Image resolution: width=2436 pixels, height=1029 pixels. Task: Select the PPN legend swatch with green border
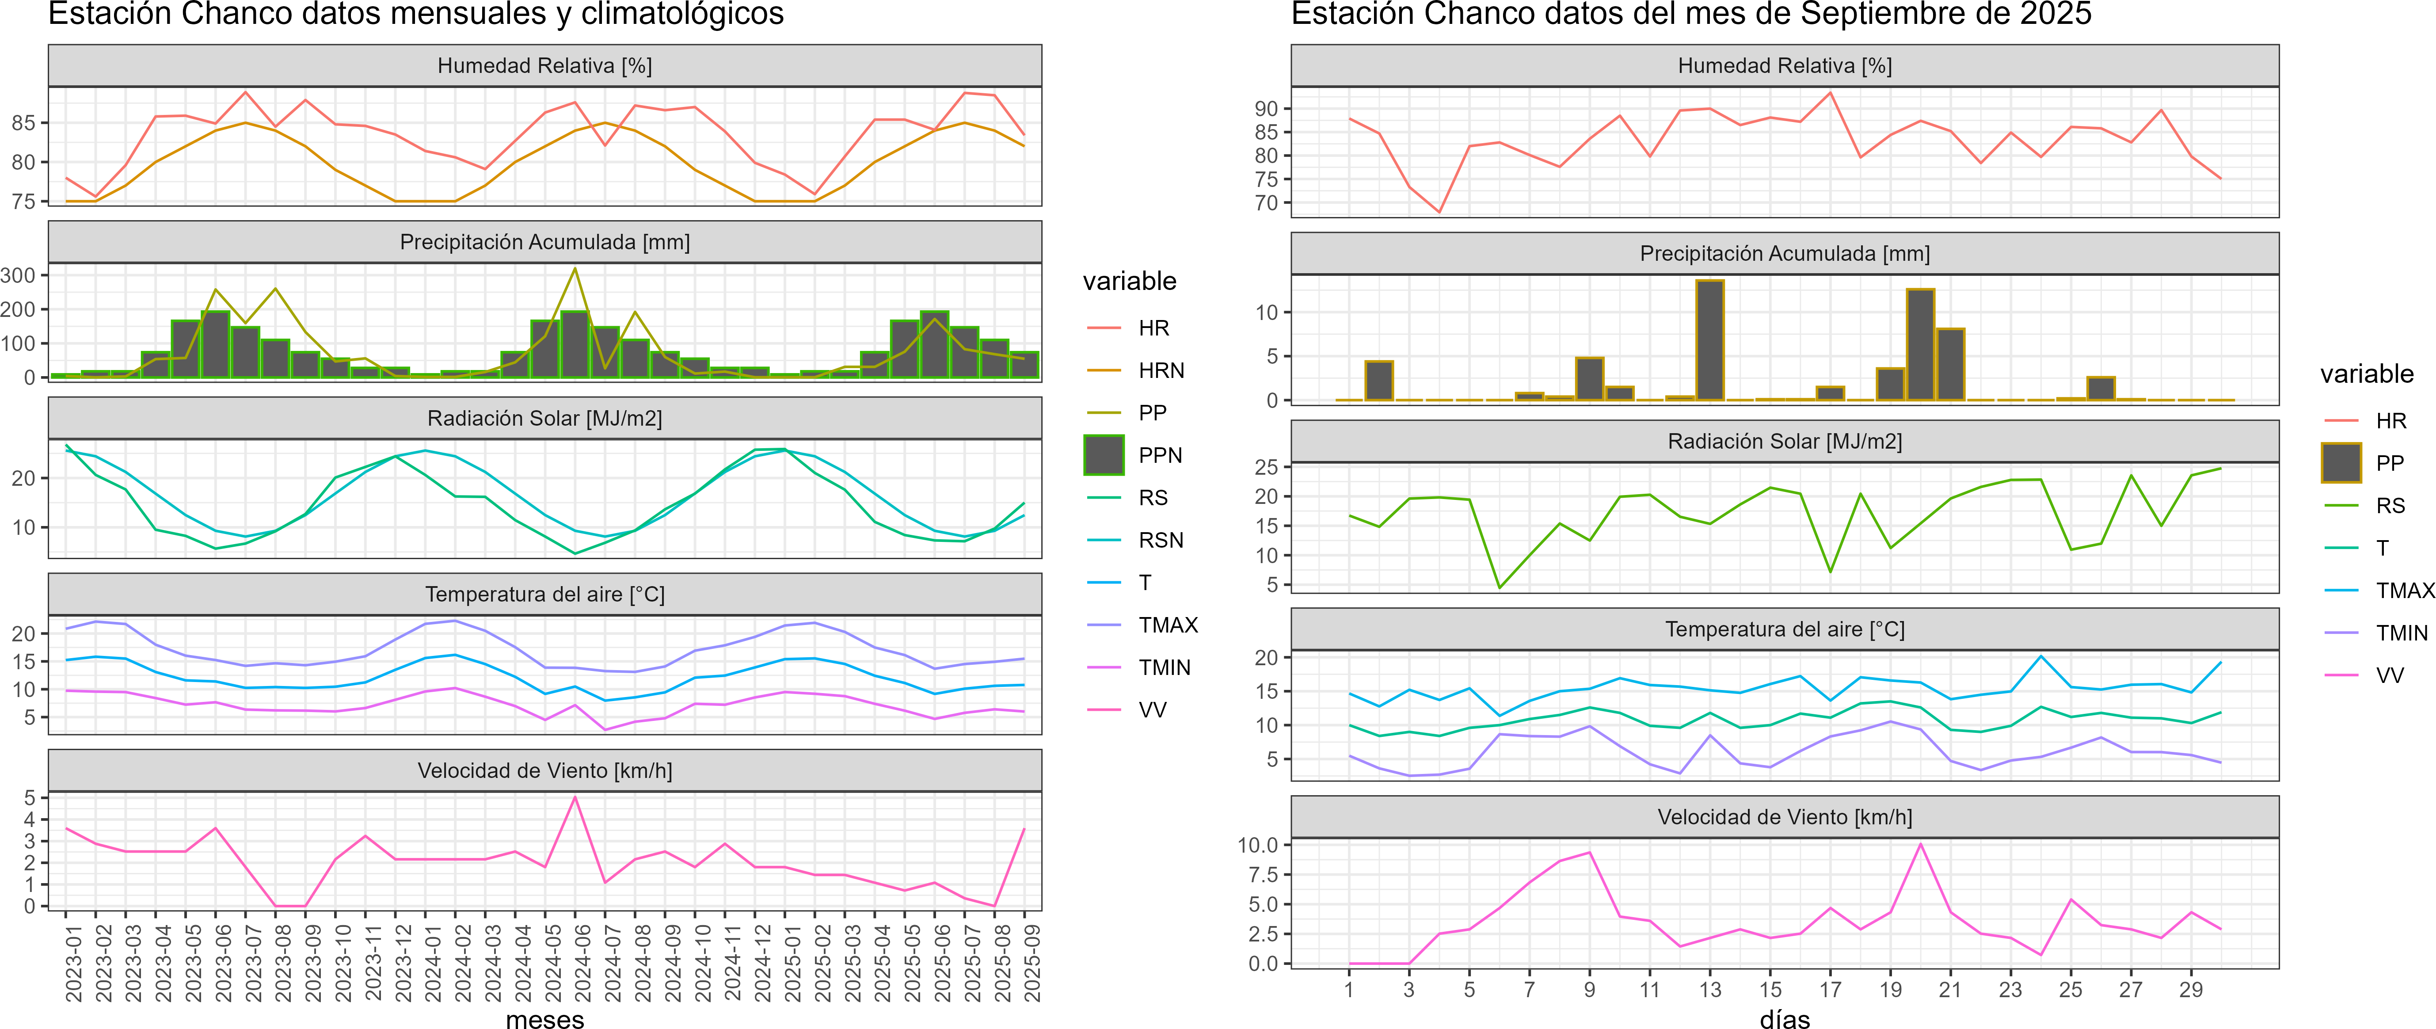coord(1104,455)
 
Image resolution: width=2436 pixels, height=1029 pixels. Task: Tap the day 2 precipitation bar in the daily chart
coord(1379,380)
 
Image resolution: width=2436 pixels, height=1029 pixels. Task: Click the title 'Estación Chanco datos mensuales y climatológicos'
coord(416,14)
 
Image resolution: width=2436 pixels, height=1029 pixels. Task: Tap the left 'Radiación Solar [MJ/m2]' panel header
coord(544,418)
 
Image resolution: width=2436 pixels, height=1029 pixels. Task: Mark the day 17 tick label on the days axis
coord(1831,989)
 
